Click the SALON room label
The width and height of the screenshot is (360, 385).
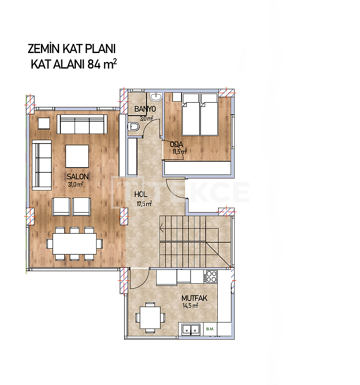tap(78, 176)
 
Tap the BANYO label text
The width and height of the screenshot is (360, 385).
tap(145, 109)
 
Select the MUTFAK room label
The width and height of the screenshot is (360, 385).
tap(194, 298)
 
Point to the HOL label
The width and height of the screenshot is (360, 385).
tap(141, 194)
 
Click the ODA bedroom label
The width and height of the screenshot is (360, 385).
tap(177, 144)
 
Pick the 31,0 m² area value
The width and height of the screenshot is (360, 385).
tap(75, 185)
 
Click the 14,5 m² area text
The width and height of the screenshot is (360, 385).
tap(190, 306)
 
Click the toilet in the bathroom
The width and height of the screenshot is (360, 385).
tap(133, 127)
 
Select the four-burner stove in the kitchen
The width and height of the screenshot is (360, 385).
tap(211, 276)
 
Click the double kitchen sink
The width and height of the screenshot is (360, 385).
tap(191, 329)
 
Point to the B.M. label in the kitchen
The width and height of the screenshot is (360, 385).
tap(210, 329)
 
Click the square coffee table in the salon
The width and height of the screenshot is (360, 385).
tap(77, 156)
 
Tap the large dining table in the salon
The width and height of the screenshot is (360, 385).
tap(75, 244)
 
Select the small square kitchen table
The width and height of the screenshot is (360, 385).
tap(150, 317)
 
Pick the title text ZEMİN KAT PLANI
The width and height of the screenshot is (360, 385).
tap(72, 49)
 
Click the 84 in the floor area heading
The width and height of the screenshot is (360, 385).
tap(94, 64)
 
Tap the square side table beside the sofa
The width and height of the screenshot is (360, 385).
tap(44, 123)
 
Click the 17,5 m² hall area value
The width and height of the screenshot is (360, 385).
tap(144, 203)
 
